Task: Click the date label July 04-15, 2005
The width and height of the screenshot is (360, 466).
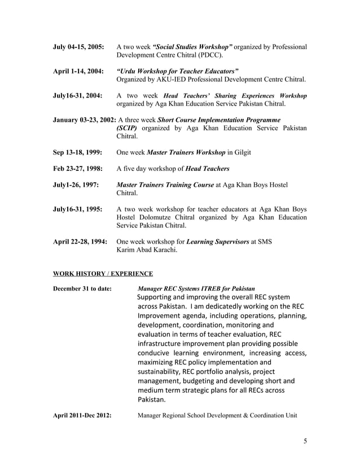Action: [78, 47]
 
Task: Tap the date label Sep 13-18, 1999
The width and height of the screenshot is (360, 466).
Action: [78, 153]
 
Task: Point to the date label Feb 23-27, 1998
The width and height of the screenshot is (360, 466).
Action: [78, 169]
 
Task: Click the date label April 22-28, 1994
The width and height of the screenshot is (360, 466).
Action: [80, 242]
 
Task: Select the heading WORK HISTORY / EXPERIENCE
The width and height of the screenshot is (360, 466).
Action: [103, 274]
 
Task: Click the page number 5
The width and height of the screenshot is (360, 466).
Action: [305, 441]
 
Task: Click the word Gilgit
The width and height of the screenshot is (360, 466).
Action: [240, 153]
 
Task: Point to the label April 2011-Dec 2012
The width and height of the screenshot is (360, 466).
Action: [82, 416]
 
